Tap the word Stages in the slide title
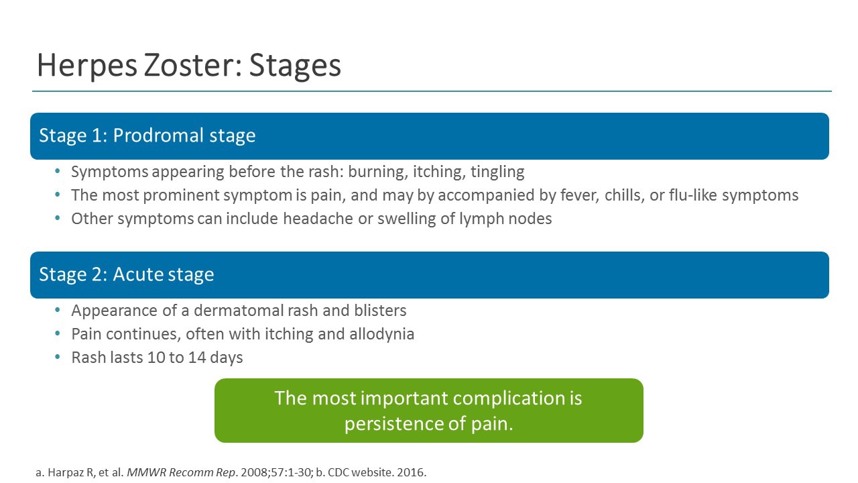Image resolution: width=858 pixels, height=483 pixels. (x=295, y=66)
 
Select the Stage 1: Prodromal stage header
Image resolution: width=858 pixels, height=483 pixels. (x=147, y=136)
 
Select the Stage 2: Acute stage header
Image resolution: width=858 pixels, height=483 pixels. (x=127, y=274)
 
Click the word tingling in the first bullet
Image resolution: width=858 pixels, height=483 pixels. (x=497, y=172)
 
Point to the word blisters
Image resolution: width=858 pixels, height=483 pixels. (x=377, y=311)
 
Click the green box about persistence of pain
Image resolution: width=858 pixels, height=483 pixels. (x=429, y=411)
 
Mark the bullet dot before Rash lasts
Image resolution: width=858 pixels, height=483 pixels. (x=58, y=358)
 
